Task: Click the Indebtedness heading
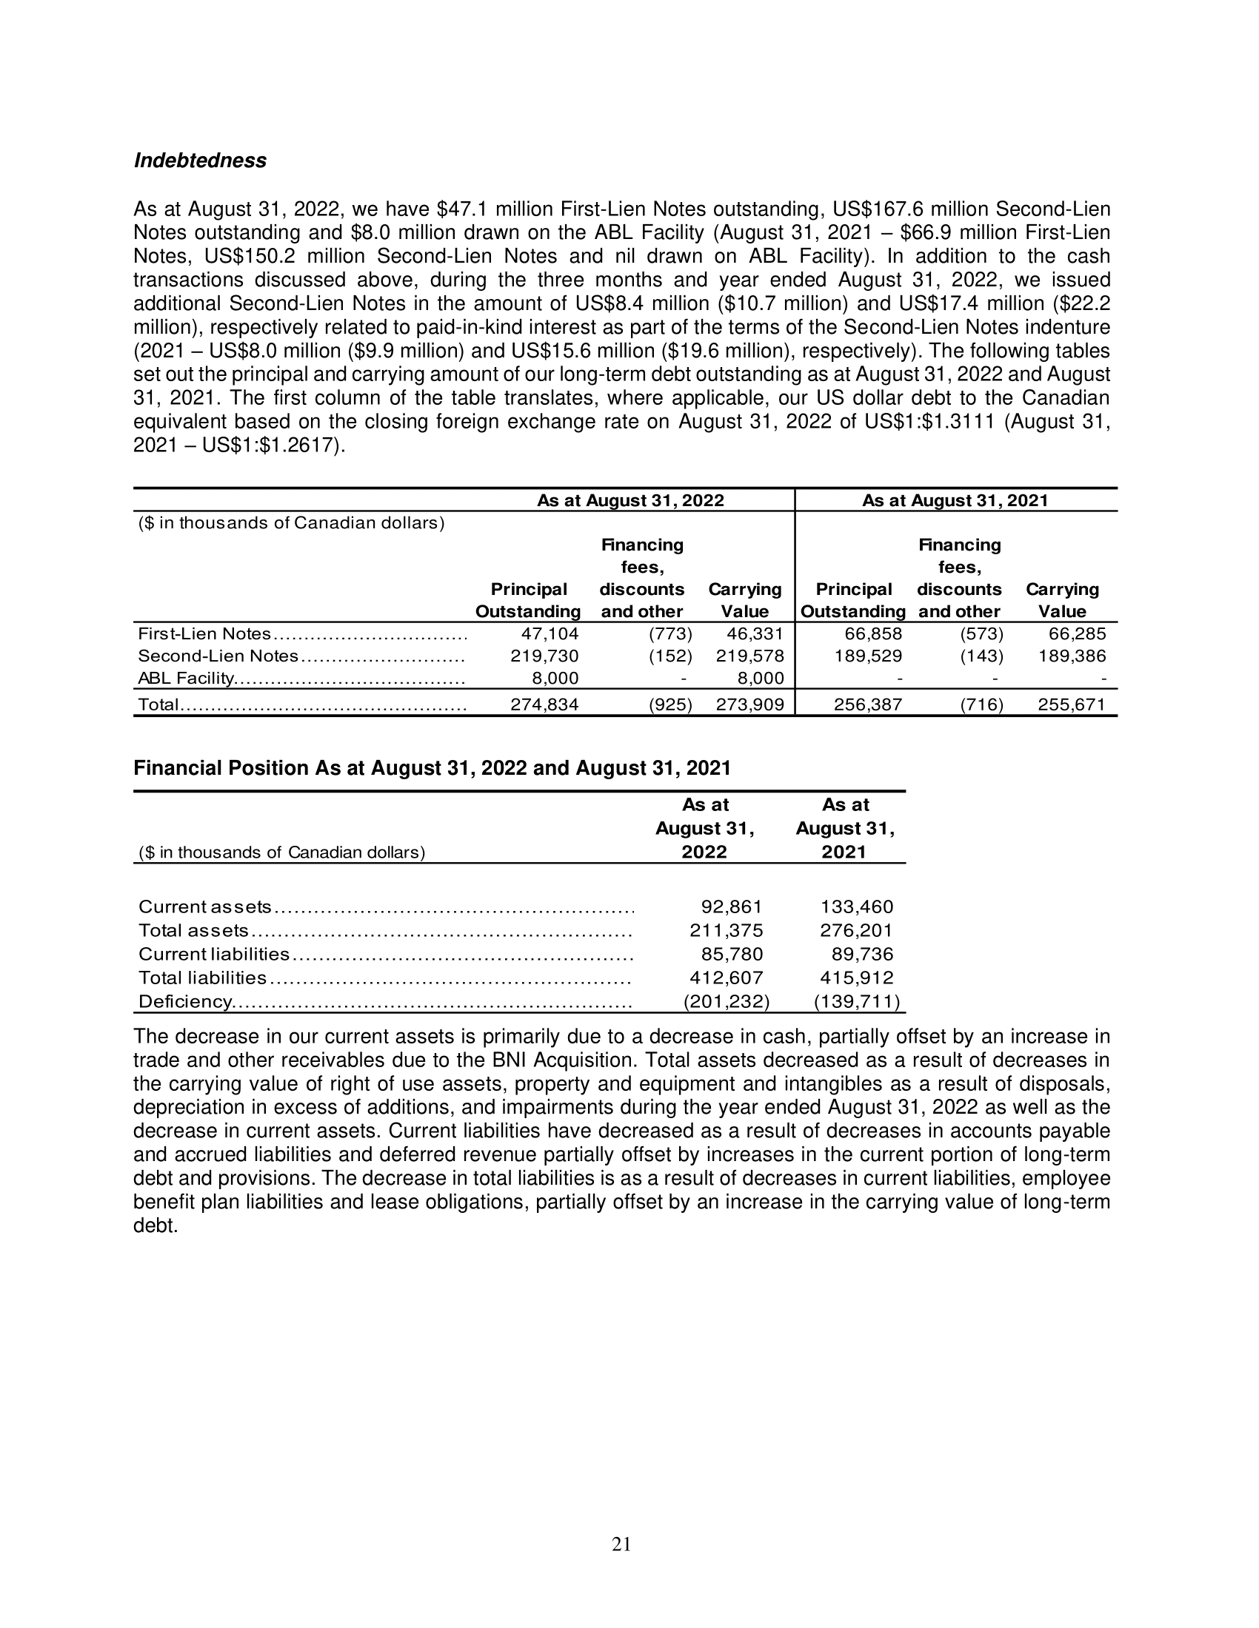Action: pos(200,161)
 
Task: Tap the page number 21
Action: pos(621,1544)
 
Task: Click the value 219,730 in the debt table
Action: pos(544,656)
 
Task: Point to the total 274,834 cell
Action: pos(544,704)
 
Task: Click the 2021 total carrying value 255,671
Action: pos(1072,704)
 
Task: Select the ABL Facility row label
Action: pos(187,679)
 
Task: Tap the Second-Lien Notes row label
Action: pos(218,656)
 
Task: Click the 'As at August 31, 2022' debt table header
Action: pos(630,500)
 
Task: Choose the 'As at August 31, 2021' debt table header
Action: pos(955,500)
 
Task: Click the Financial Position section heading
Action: pos(432,768)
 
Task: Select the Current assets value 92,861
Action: pos(732,907)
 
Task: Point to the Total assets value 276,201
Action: pos(856,930)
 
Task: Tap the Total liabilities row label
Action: pos(202,978)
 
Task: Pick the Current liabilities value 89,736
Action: pos(862,954)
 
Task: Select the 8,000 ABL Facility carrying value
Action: pos(761,679)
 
